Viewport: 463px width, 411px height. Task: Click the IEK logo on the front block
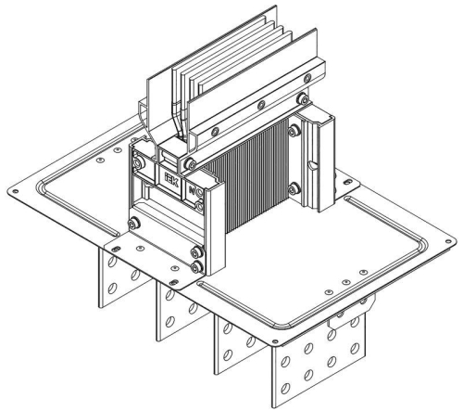[x=173, y=173]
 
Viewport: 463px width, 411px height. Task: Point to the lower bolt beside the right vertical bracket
[x=294, y=190]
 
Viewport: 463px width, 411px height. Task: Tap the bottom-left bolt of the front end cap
[x=135, y=223]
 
